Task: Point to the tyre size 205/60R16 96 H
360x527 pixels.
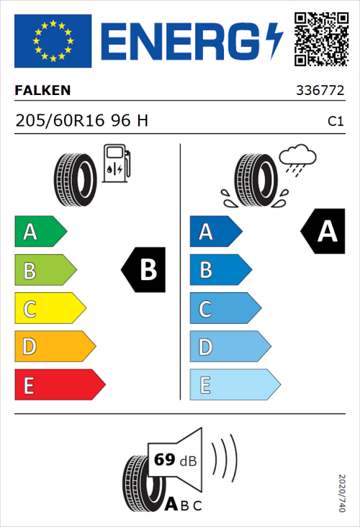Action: tap(81, 121)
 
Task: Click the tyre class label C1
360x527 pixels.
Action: tap(335, 122)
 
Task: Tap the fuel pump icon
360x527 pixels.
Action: tap(115, 163)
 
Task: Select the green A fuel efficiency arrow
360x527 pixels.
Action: tap(40, 232)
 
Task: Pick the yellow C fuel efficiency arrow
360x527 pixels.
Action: tap(50, 309)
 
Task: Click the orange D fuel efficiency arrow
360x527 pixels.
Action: tap(54, 347)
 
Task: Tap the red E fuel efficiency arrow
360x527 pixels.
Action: tap(59, 385)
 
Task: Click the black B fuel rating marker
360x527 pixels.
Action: tap(144, 270)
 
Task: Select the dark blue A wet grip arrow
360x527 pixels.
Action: tap(215, 232)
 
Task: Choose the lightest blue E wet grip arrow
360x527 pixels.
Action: tap(234, 385)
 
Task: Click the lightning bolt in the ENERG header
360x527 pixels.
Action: tap(274, 40)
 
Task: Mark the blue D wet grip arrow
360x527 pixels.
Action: tap(229, 347)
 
